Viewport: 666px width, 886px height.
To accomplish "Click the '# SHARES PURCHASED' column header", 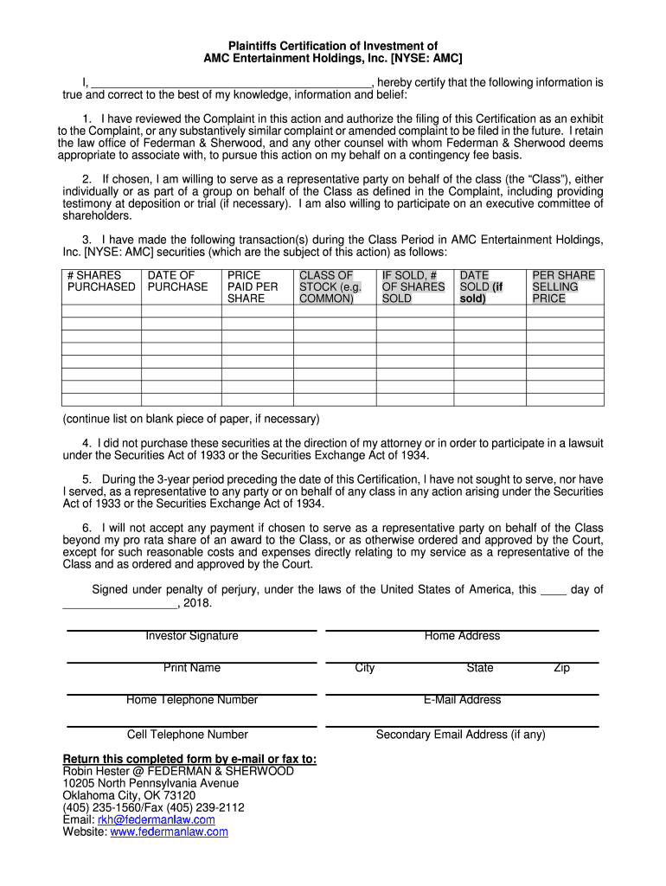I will click(101, 281).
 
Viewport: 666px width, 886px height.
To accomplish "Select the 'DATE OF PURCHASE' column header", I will click(177, 281).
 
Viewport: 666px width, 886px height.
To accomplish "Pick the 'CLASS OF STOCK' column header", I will click(330, 286).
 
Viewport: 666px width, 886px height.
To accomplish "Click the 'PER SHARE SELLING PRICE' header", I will click(563, 286).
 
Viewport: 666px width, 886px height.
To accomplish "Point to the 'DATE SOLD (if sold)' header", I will click(481, 286).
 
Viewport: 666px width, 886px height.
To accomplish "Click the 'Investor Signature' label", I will click(192, 636).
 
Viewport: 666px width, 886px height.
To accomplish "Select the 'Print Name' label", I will click(192, 668).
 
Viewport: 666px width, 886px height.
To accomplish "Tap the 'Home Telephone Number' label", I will click(192, 700).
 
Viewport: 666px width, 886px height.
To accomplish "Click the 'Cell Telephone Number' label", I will click(188, 735).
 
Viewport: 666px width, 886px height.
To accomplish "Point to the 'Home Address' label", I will click(462, 636).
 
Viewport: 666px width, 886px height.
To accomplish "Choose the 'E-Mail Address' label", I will click(462, 700).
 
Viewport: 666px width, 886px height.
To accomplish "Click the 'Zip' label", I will click(562, 668).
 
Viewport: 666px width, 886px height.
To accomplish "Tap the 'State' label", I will click(480, 668).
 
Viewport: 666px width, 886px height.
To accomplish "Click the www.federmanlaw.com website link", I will click(169, 831).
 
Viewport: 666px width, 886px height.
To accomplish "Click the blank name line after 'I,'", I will click(230, 84).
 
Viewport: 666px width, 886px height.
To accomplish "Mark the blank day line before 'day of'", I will click(553, 591).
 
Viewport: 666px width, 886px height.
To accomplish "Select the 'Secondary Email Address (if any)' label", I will click(460, 735).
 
